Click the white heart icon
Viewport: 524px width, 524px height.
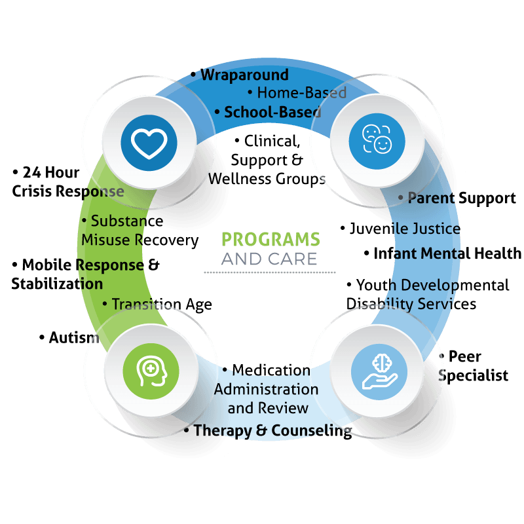149,143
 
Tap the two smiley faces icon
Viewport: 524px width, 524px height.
377,140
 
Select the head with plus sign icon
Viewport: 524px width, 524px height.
151,371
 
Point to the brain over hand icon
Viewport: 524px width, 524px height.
379,371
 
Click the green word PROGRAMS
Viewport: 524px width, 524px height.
271,239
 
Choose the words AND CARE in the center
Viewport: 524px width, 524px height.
269,259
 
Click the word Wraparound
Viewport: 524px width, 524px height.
244,75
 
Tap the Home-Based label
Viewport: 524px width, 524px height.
301,92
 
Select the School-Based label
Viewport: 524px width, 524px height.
272,112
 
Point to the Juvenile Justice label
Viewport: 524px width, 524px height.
405,229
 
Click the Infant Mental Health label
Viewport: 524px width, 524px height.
447,253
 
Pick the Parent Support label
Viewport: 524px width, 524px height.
462,198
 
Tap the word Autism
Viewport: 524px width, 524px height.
74,337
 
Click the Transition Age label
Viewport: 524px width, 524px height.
162,304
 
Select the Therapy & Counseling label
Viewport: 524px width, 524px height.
272,430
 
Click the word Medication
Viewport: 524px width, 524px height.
271,370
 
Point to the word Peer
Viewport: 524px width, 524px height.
465,356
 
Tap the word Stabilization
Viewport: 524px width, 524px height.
57,284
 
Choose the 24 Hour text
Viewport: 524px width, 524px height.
51,172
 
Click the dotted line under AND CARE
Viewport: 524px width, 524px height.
270,272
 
